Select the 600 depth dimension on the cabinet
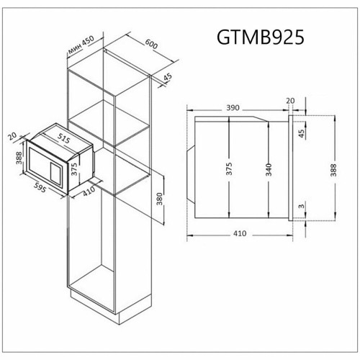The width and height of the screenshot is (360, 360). (150, 44)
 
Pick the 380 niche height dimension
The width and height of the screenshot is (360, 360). (158, 197)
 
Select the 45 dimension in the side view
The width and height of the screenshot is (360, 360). (302, 132)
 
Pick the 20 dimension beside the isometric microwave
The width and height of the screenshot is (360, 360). (12, 134)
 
